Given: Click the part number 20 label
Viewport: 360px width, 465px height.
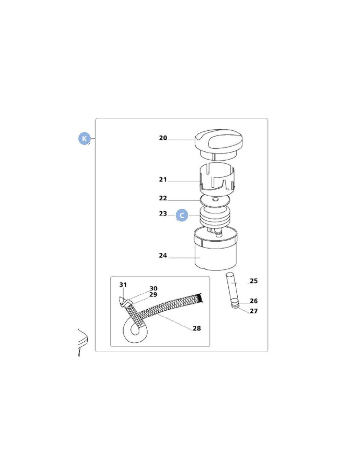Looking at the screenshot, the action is [163, 138].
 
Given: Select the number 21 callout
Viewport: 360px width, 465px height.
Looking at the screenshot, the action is [163, 180].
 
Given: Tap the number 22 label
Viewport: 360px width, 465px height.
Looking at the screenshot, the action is [163, 198].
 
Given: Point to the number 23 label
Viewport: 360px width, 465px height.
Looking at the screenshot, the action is [163, 214].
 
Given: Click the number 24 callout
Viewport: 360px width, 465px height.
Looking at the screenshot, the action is [163, 255].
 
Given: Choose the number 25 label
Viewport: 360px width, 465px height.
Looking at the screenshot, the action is [254, 281].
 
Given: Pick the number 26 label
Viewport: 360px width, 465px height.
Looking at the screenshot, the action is [254, 301].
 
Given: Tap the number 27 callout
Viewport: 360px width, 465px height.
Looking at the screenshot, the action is [254, 311].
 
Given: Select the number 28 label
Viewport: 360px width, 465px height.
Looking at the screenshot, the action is [197, 328].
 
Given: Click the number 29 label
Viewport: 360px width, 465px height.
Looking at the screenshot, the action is [153, 295].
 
